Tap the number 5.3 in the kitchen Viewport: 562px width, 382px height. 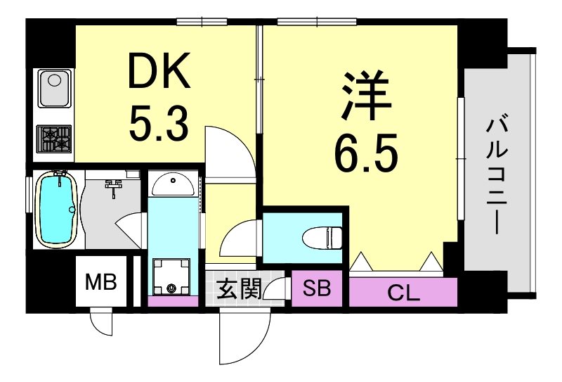click(x=158, y=122)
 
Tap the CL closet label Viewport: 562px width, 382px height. click(x=403, y=292)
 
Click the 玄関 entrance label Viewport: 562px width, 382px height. click(x=239, y=288)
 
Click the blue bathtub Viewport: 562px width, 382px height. click(x=56, y=209)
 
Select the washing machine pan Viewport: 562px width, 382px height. click(x=171, y=276)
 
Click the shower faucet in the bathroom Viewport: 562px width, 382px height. click(x=114, y=186)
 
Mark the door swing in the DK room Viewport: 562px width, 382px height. click(x=226, y=151)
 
